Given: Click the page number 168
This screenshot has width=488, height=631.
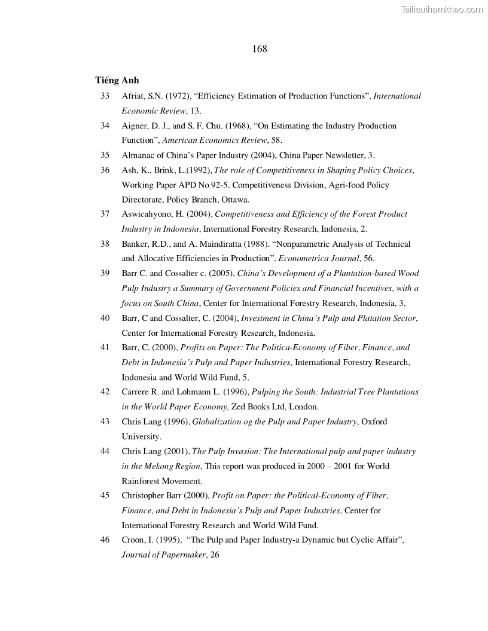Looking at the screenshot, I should coord(260,49).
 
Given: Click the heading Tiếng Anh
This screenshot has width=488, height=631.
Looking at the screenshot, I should coord(117,80).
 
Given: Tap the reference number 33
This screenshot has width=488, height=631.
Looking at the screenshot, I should coord(105,96).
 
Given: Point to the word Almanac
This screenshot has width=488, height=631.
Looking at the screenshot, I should coord(138,155).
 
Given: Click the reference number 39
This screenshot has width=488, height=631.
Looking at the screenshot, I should coord(105,273).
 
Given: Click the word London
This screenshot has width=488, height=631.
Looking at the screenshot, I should coord(305,406).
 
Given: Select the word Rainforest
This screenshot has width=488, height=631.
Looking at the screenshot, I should coord(142,480).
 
